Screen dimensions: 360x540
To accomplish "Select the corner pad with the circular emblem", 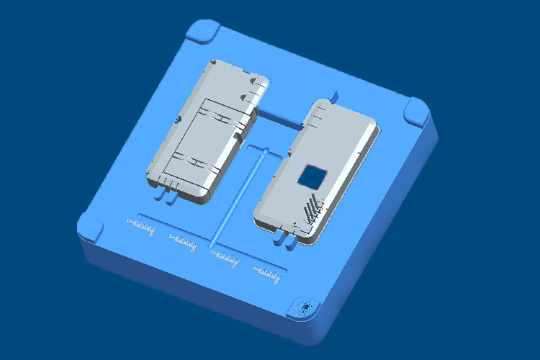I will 305,308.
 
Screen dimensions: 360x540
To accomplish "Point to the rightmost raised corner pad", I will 417,112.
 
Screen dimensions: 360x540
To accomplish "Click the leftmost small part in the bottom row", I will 142,228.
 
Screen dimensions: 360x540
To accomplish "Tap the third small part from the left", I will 224,256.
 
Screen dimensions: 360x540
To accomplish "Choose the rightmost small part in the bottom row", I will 266,272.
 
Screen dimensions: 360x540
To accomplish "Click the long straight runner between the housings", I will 238,202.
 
